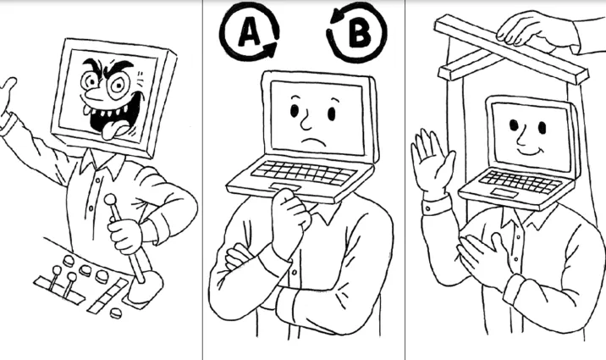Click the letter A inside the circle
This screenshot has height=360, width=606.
(x=250, y=31)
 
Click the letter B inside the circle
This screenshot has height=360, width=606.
(x=361, y=32)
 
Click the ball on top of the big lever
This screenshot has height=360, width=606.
(x=111, y=199)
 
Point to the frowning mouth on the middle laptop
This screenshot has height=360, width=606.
(x=314, y=141)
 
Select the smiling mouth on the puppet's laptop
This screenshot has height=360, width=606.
(x=530, y=150)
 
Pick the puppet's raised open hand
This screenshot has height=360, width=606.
(x=432, y=159)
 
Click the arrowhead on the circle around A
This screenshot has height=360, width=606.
(x=271, y=49)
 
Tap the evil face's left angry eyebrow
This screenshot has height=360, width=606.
(x=91, y=64)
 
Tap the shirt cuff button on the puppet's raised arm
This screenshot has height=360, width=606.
(x=427, y=209)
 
